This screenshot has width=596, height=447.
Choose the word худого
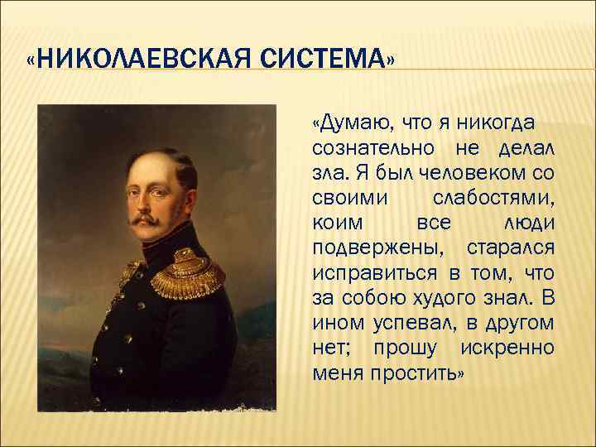pyautogui.click(x=462, y=299)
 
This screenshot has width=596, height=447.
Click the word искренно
pyautogui.click(x=505, y=348)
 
